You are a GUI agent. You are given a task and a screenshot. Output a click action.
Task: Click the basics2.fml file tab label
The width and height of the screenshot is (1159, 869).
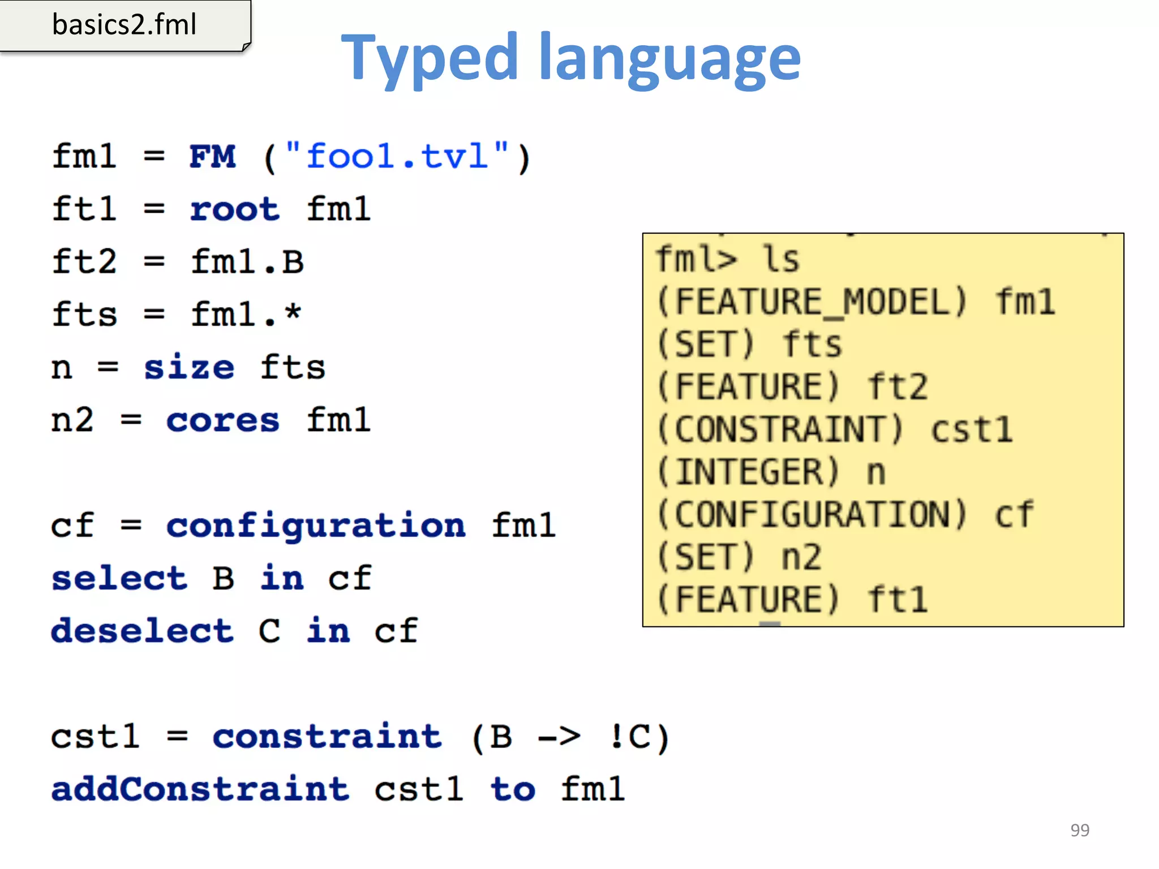pyautogui.click(x=124, y=25)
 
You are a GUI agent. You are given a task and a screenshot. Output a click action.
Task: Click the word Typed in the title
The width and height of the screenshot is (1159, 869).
pyautogui.click(x=430, y=58)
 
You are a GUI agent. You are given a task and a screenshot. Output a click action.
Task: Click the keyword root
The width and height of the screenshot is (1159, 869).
pyautogui.click(x=234, y=209)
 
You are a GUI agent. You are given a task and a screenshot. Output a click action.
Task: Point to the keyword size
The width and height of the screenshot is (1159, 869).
pyautogui.click(x=188, y=368)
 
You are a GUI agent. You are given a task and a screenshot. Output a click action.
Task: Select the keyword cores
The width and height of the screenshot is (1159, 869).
pyautogui.click(x=222, y=420)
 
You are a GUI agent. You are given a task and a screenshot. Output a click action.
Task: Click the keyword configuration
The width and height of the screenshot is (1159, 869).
pyautogui.click(x=316, y=526)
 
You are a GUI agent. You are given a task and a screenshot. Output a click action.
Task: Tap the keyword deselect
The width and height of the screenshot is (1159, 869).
pyautogui.click(x=142, y=631)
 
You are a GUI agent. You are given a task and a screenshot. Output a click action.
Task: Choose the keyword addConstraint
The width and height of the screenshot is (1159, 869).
pyautogui.click(x=200, y=789)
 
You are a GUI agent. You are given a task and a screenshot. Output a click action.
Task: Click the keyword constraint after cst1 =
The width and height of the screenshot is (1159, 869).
pyautogui.click(x=327, y=737)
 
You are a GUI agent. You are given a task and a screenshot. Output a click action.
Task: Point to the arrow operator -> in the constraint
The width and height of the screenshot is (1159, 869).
pyautogui.click(x=559, y=737)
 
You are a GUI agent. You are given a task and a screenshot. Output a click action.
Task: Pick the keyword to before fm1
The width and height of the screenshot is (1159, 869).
pyautogui.click(x=513, y=789)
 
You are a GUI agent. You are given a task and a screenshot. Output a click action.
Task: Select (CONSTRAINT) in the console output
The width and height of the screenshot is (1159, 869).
pyautogui.click(x=780, y=429)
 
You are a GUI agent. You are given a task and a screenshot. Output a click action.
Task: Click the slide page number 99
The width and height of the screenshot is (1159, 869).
pyautogui.click(x=1080, y=830)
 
